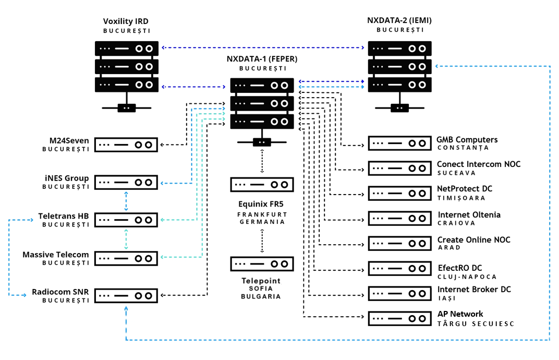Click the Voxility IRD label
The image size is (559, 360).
(x=126, y=21)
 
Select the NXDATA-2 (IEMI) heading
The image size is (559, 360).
(x=399, y=21)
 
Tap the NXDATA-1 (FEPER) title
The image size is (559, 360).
(x=262, y=59)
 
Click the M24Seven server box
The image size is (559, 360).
(x=126, y=145)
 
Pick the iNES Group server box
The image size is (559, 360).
(x=126, y=183)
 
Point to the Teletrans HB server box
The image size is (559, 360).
(x=126, y=220)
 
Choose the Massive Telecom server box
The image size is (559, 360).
(x=126, y=258)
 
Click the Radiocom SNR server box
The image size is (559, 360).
(x=126, y=295)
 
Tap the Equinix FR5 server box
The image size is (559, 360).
(x=262, y=184)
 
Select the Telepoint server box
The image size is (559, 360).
(x=262, y=263)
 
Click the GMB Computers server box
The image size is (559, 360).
(x=400, y=143)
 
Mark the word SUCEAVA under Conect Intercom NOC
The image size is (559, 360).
(x=456, y=173)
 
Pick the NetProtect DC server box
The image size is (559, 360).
(x=400, y=193)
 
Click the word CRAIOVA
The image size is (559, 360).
(x=457, y=223)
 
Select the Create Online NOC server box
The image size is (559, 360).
(x=400, y=243)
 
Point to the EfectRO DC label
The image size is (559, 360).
(x=460, y=268)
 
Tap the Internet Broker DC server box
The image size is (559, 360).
(x=400, y=293)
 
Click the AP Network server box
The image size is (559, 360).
(x=400, y=318)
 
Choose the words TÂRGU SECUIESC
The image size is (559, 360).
(x=476, y=324)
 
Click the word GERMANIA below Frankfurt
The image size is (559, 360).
(x=262, y=222)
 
